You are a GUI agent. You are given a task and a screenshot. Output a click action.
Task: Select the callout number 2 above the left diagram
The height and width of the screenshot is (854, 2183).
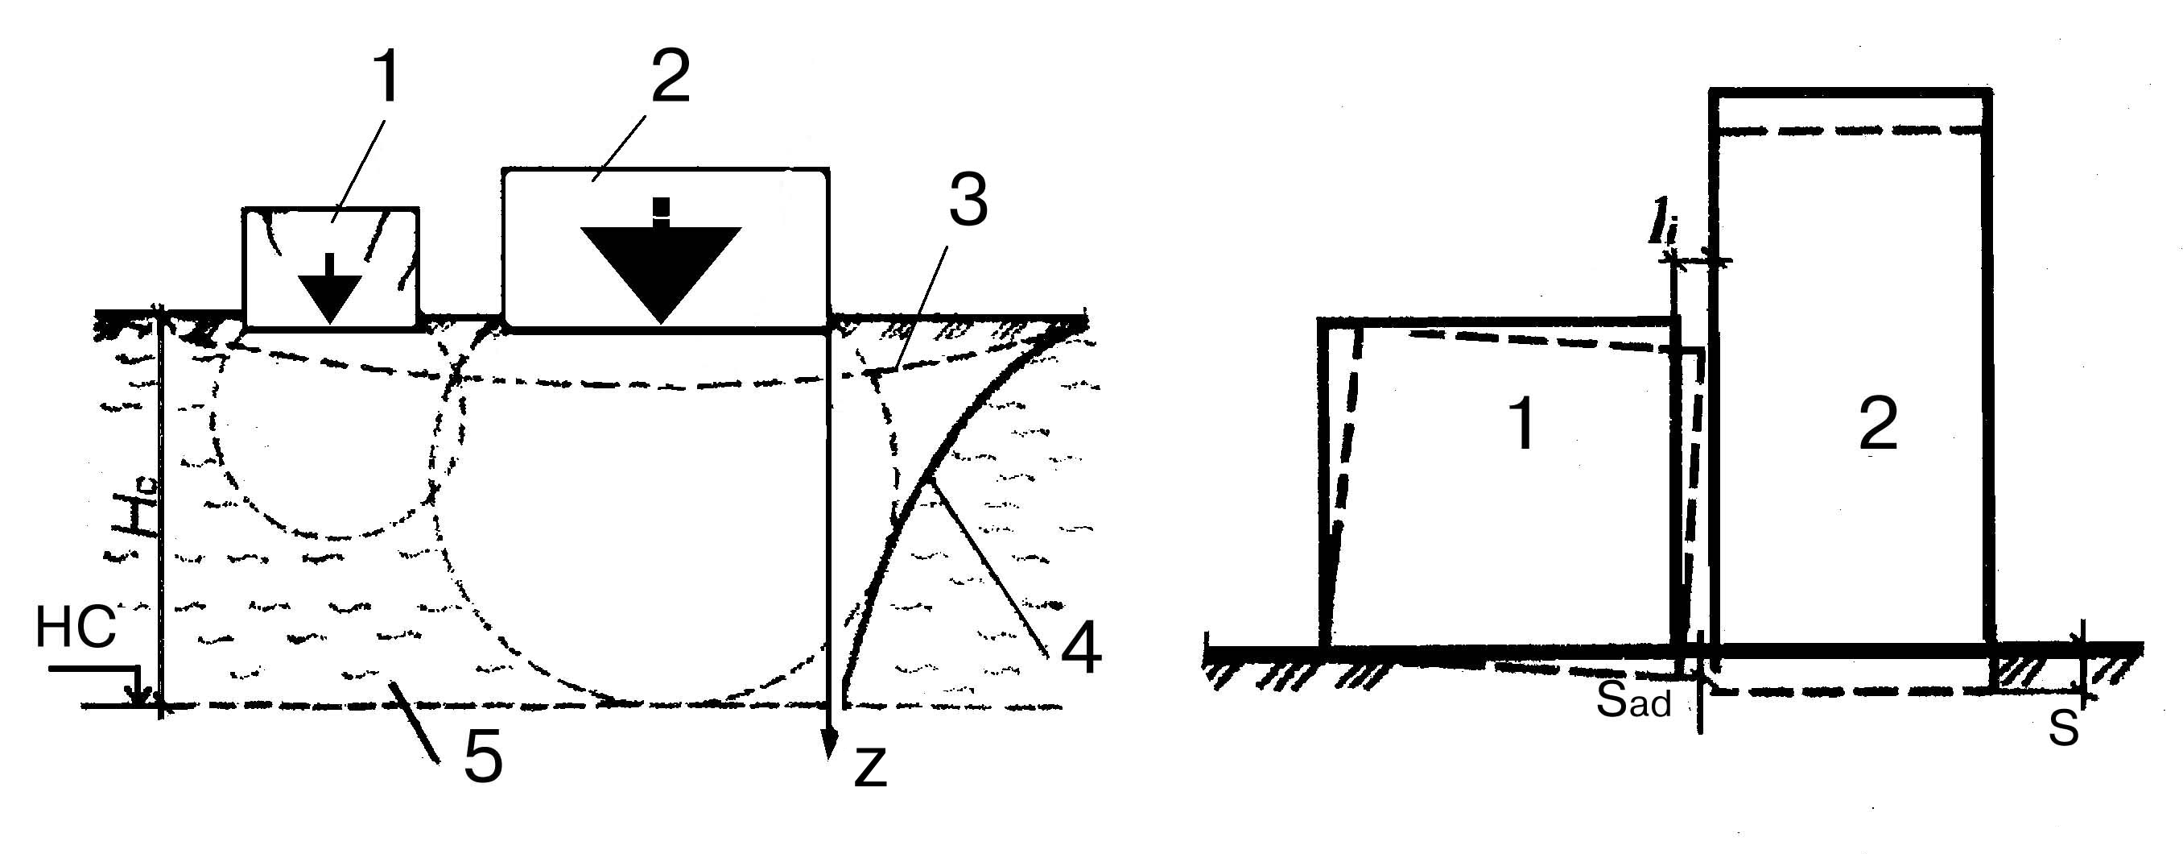point(671,77)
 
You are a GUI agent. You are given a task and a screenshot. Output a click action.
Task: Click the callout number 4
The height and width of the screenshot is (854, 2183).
point(1080,649)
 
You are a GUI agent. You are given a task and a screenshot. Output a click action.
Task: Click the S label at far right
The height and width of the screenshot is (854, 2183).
point(2064,728)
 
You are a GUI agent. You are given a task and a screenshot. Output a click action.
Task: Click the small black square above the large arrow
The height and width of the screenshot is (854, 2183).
point(661,208)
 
